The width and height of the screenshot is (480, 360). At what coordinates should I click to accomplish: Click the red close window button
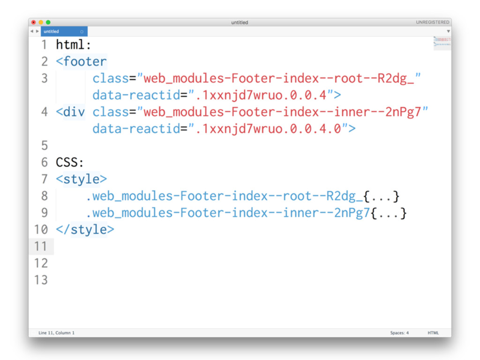pos(33,22)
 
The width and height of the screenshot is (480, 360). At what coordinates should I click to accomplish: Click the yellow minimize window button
pos(41,22)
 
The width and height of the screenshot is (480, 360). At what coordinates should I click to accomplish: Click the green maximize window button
pos(48,22)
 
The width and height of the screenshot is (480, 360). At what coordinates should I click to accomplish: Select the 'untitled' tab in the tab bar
pos(52,32)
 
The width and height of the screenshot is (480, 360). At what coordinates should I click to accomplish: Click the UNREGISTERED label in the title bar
pos(432,22)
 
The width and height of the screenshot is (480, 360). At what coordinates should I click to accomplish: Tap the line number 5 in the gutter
pos(45,146)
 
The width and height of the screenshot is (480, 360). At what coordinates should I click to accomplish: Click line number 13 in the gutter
pos(41,280)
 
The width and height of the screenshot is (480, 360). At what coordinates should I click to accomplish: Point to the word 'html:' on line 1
pos(73,45)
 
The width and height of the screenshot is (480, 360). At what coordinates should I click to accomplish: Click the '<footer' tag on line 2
pos(81,62)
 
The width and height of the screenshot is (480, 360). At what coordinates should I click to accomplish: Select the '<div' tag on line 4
pos(70,112)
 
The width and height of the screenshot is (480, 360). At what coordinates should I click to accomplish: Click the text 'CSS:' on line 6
pos(70,163)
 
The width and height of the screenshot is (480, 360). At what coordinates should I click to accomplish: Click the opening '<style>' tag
pos(81,180)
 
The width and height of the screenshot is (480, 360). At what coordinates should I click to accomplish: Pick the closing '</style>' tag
pos(85,230)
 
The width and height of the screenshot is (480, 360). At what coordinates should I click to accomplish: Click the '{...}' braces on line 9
pos(389,213)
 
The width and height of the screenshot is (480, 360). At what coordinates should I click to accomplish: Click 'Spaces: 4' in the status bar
pos(399,333)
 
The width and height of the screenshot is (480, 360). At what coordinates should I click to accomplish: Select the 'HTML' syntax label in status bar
pos(433,333)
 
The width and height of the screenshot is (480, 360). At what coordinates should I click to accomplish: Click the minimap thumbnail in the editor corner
pos(442,43)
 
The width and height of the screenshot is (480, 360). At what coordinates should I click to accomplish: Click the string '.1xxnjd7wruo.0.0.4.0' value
pos(268,129)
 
